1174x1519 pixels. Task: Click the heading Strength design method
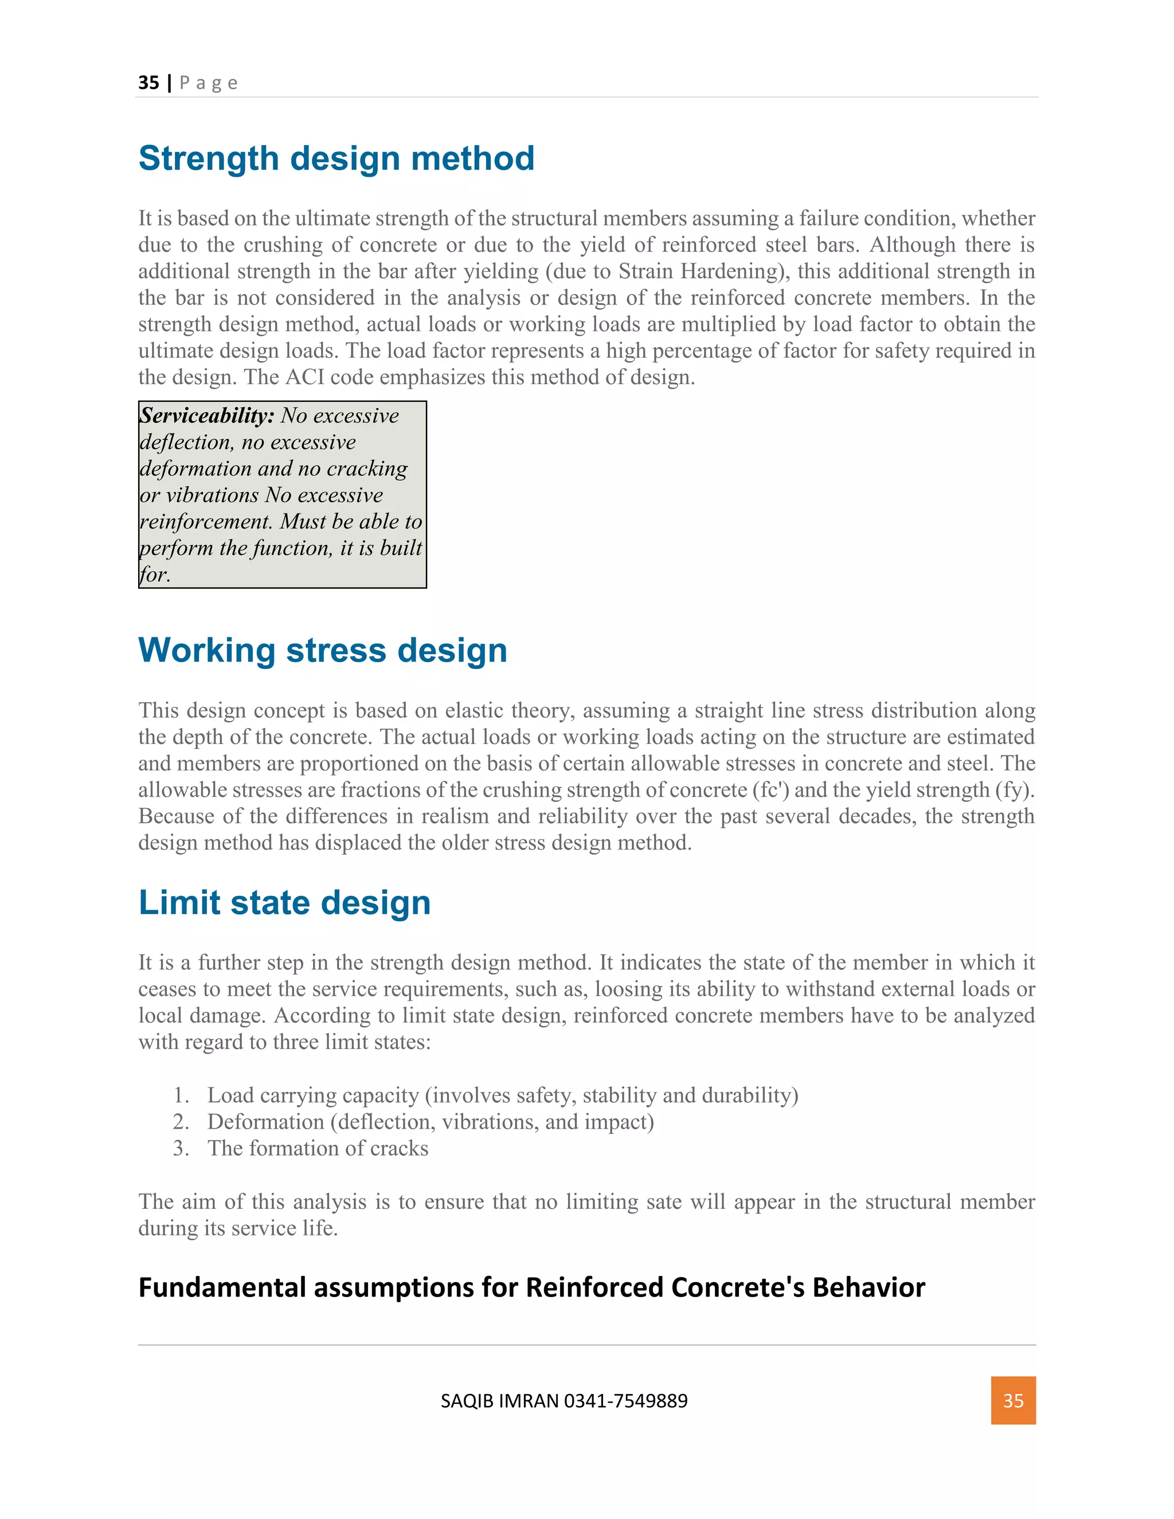tap(336, 159)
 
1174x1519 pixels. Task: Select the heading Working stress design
tap(323, 651)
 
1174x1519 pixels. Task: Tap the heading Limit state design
tap(284, 903)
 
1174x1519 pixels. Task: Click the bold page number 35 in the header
tap(149, 83)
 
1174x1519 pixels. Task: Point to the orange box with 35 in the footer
tap(1013, 1400)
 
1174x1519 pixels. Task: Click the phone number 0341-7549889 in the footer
tap(625, 1401)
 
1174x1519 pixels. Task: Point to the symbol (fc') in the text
tap(770, 790)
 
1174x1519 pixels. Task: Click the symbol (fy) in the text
tap(1013, 790)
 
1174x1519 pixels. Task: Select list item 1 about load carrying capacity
tap(502, 1095)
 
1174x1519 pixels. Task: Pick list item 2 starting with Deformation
tap(430, 1122)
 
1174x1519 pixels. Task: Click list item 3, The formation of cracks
tap(317, 1148)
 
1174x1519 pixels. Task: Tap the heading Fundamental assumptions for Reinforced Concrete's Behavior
tap(531, 1287)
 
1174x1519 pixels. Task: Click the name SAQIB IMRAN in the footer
tap(499, 1401)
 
